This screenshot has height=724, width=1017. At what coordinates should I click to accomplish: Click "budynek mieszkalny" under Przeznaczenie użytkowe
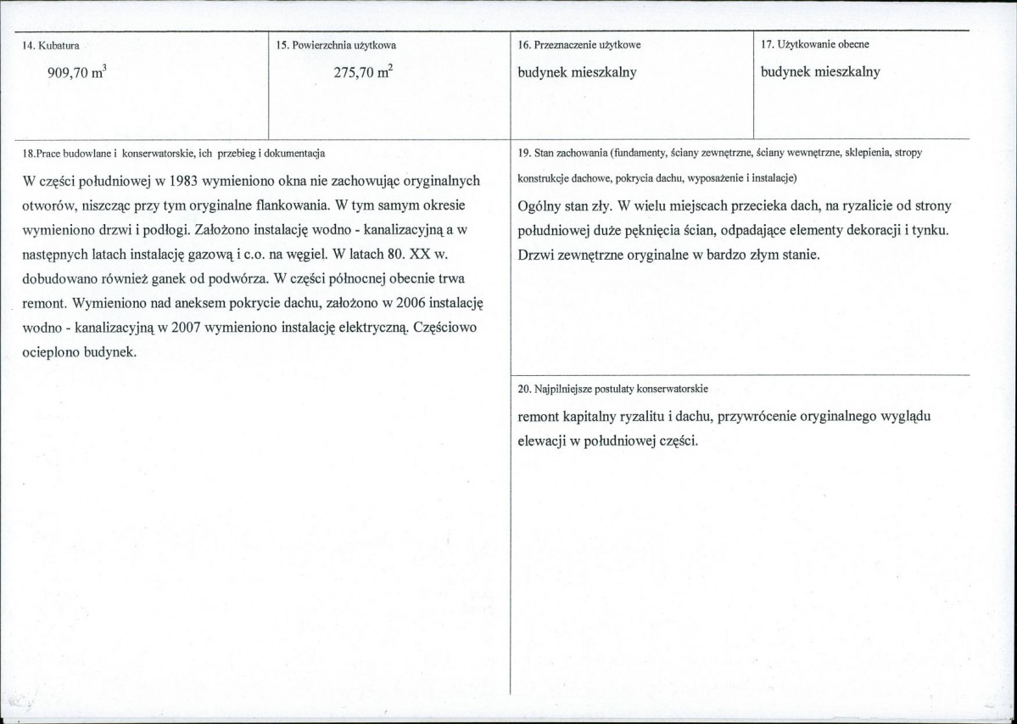pos(577,73)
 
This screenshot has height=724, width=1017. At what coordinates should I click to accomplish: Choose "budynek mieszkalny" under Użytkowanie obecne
pos(820,72)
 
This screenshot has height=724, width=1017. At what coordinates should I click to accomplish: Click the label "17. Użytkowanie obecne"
pos(814,44)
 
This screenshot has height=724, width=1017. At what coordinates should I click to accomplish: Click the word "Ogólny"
pos(541,206)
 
